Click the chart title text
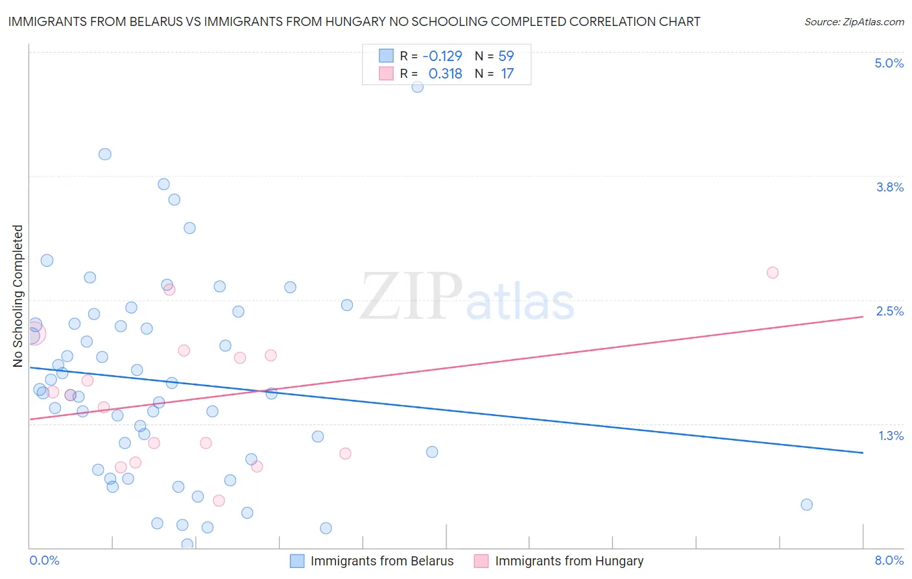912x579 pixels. point(354,21)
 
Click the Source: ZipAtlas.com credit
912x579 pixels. point(854,21)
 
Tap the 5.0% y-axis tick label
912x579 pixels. point(889,63)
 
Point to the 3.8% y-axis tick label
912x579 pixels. point(889,187)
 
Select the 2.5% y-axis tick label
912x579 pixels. point(889,311)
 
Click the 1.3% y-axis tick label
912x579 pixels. point(891,436)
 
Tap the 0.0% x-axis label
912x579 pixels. point(44,560)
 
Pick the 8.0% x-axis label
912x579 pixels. point(889,560)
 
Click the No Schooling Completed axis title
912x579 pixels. point(18,296)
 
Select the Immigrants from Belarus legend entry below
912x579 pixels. point(381,561)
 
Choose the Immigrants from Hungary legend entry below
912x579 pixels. point(569,561)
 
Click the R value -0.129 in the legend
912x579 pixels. point(442,56)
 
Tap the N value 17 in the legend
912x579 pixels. point(507,73)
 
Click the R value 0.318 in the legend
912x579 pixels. point(445,73)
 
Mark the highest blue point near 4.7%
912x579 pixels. point(417,86)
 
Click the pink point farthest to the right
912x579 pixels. point(772,273)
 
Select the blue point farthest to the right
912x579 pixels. point(806,504)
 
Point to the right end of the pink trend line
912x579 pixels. point(863,316)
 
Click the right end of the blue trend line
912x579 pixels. point(863,452)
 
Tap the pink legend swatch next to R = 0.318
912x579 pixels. point(386,73)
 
